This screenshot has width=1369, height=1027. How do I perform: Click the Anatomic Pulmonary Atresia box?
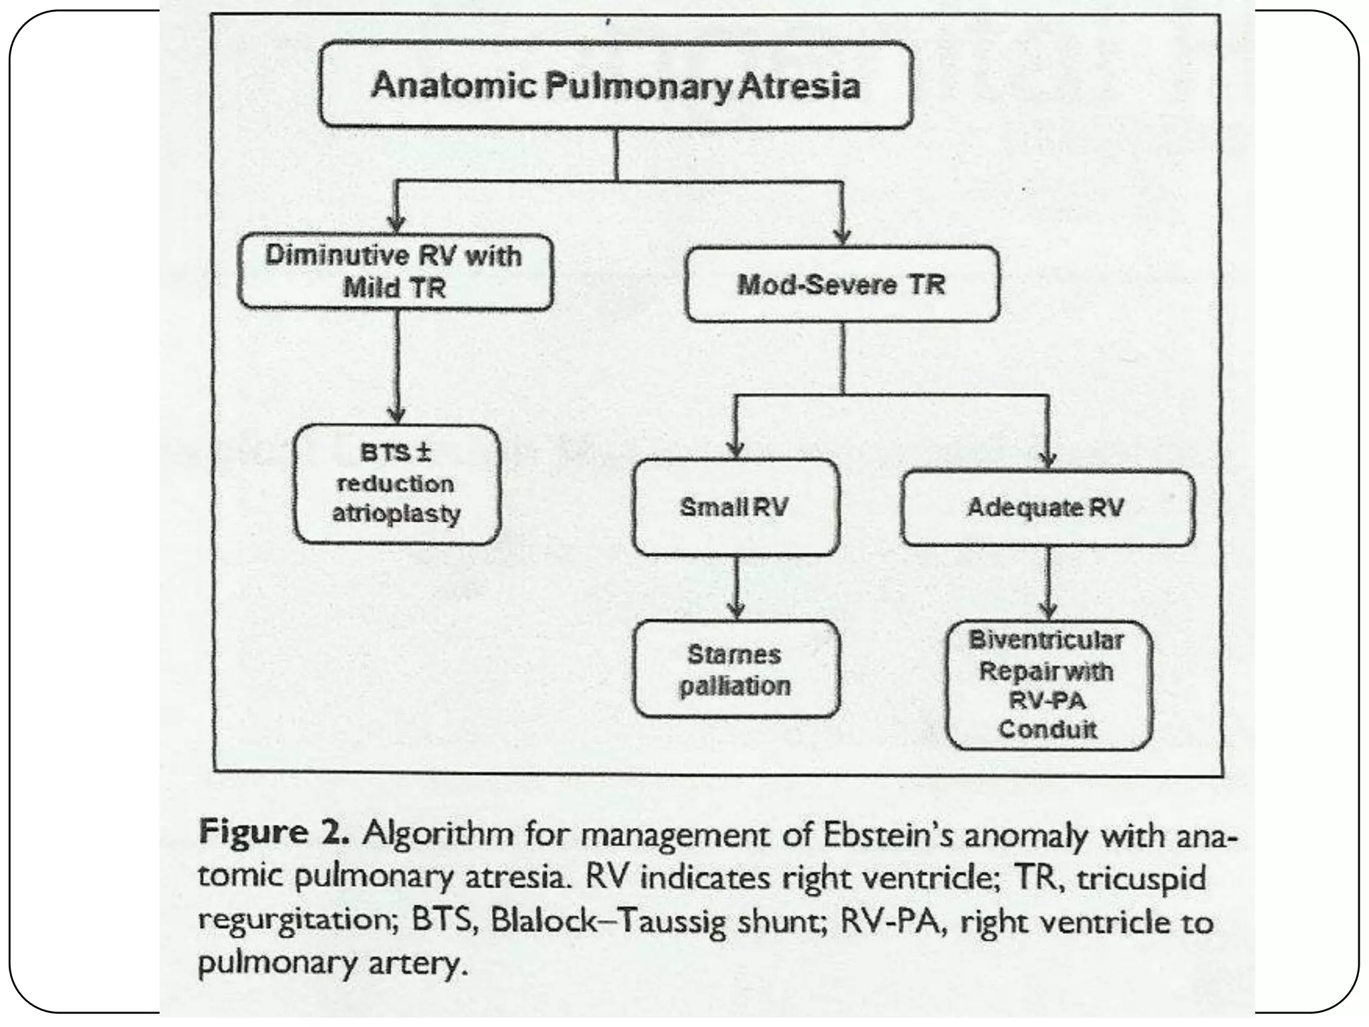click(x=616, y=85)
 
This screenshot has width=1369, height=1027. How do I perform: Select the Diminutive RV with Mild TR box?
click(x=395, y=271)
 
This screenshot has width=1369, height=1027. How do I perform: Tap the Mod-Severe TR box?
click(x=842, y=285)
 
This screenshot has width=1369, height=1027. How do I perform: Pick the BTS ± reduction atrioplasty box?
click(x=397, y=484)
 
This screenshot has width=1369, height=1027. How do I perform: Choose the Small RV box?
click(x=735, y=507)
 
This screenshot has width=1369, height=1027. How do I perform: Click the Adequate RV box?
click(x=1047, y=508)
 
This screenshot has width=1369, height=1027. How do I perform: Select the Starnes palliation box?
click(x=735, y=669)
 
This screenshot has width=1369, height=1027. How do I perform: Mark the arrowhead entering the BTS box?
click(x=397, y=415)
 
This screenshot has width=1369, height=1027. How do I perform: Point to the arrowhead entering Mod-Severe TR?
click(x=842, y=236)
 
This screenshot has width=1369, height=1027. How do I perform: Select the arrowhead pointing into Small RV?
click(x=736, y=449)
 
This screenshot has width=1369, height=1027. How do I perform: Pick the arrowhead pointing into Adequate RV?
click(x=1048, y=459)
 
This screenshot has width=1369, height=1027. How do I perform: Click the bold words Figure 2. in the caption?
click(x=274, y=833)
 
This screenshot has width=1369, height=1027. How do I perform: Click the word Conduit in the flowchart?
click(x=1047, y=729)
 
